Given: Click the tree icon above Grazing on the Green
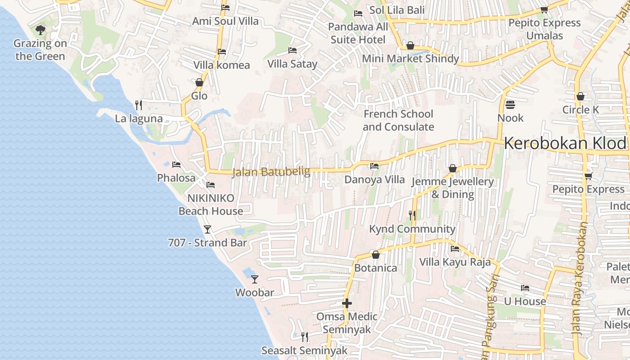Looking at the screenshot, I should [x=40, y=30].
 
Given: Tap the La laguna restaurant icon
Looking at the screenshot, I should [x=139, y=105].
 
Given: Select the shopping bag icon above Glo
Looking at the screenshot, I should [x=199, y=82].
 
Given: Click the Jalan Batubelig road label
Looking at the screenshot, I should [x=271, y=172].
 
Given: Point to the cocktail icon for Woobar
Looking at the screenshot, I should [x=255, y=279].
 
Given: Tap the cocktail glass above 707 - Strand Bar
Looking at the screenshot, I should [x=207, y=229].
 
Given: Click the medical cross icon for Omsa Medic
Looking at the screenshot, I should [x=346, y=303].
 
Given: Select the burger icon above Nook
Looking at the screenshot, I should [x=510, y=104].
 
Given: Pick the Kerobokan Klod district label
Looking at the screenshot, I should [x=565, y=143].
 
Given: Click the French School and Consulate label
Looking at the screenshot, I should [x=398, y=120].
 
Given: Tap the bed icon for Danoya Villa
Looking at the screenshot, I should [x=374, y=166].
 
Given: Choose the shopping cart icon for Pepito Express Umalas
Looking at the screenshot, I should [x=544, y=9].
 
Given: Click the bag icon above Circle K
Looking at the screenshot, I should [x=580, y=96].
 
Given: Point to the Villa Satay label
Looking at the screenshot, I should [x=292, y=64].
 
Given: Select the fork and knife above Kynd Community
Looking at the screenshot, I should [x=412, y=216].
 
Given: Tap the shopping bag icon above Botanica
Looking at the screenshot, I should [x=376, y=255].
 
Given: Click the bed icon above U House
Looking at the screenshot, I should [x=525, y=288].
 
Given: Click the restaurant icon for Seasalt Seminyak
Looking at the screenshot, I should [x=305, y=337].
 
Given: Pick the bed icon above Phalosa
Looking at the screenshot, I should [x=176, y=165].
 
